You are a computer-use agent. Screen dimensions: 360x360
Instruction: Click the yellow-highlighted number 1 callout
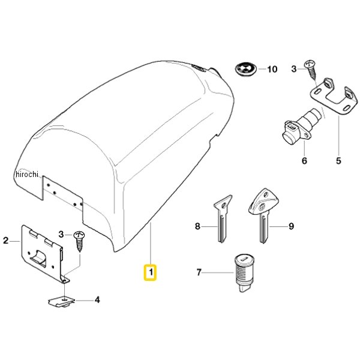150,272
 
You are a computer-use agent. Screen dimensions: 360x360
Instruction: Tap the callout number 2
6,241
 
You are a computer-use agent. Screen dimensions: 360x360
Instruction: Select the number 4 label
97,299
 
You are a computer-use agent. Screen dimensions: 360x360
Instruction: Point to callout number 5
338,160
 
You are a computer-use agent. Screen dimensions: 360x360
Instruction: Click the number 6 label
304,160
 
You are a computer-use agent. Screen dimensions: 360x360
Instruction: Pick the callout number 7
199,272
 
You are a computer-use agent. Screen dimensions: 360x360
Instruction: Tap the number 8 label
197,226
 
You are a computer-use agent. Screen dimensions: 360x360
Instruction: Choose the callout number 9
291,226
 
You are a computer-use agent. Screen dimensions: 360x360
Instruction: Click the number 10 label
272,69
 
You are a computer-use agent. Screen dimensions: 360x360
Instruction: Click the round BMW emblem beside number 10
245,68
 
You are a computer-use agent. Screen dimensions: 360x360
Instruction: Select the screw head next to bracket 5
310,64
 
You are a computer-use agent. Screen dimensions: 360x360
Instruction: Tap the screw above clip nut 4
79,242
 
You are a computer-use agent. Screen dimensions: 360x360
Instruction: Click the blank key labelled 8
222,218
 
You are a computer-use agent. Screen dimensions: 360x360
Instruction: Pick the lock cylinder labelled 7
244,273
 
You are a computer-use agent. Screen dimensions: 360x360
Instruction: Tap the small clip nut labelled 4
61,302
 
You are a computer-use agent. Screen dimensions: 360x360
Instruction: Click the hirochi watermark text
27,175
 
